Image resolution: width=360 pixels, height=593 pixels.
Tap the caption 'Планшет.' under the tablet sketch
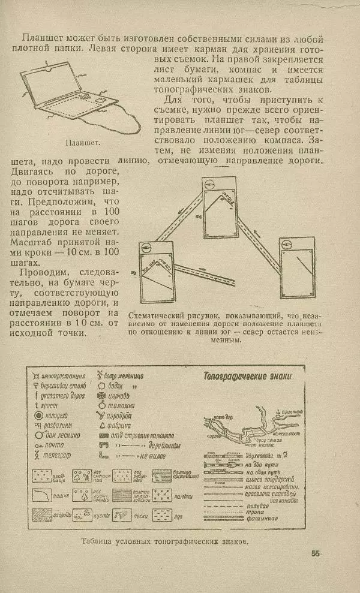83,143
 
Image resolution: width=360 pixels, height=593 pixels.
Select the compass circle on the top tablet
211,184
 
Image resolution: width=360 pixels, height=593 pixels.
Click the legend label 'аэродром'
122,416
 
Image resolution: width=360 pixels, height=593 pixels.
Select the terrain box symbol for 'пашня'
39,495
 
